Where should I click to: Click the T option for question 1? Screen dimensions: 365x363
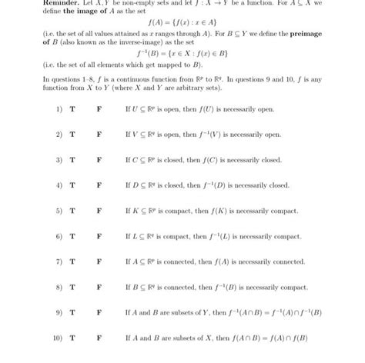click(72, 109)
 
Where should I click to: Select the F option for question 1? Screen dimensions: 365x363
click(99, 109)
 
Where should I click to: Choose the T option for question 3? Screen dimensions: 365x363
click(72, 160)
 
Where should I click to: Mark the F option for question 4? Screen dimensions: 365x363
click(99, 185)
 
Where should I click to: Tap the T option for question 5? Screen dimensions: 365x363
click(72, 211)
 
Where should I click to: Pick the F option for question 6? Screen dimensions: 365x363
click(99, 236)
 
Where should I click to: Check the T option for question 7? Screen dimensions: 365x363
click(72, 261)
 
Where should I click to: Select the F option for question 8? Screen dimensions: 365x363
click(99, 287)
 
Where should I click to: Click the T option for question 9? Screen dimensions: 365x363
click(72, 312)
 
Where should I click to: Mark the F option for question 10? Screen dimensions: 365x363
click(99, 338)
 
